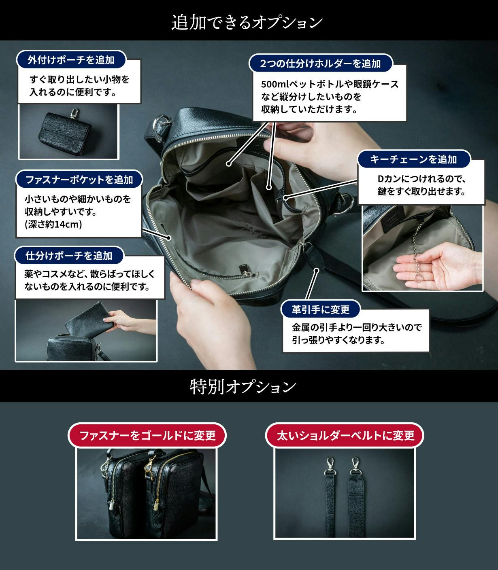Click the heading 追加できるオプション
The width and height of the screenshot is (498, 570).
pos(247,23)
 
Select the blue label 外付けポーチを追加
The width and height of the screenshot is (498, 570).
pos(71,59)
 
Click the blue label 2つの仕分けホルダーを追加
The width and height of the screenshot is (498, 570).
pos(321,63)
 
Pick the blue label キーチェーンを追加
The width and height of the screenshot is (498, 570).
pos(413,159)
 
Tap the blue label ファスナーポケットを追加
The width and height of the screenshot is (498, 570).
pos(79,179)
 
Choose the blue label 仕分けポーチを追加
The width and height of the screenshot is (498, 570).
pos(69,256)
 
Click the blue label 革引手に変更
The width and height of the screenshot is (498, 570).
pos(321,309)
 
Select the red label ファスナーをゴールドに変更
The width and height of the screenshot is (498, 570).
pos(147,435)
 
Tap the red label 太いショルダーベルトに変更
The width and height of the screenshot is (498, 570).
pos(345,435)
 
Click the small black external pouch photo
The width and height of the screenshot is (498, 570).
pos(69,132)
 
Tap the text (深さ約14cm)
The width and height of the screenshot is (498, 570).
pos(53,224)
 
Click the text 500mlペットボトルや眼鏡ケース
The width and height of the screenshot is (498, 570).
pos(330,84)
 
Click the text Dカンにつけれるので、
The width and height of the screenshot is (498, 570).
pos(421,179)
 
